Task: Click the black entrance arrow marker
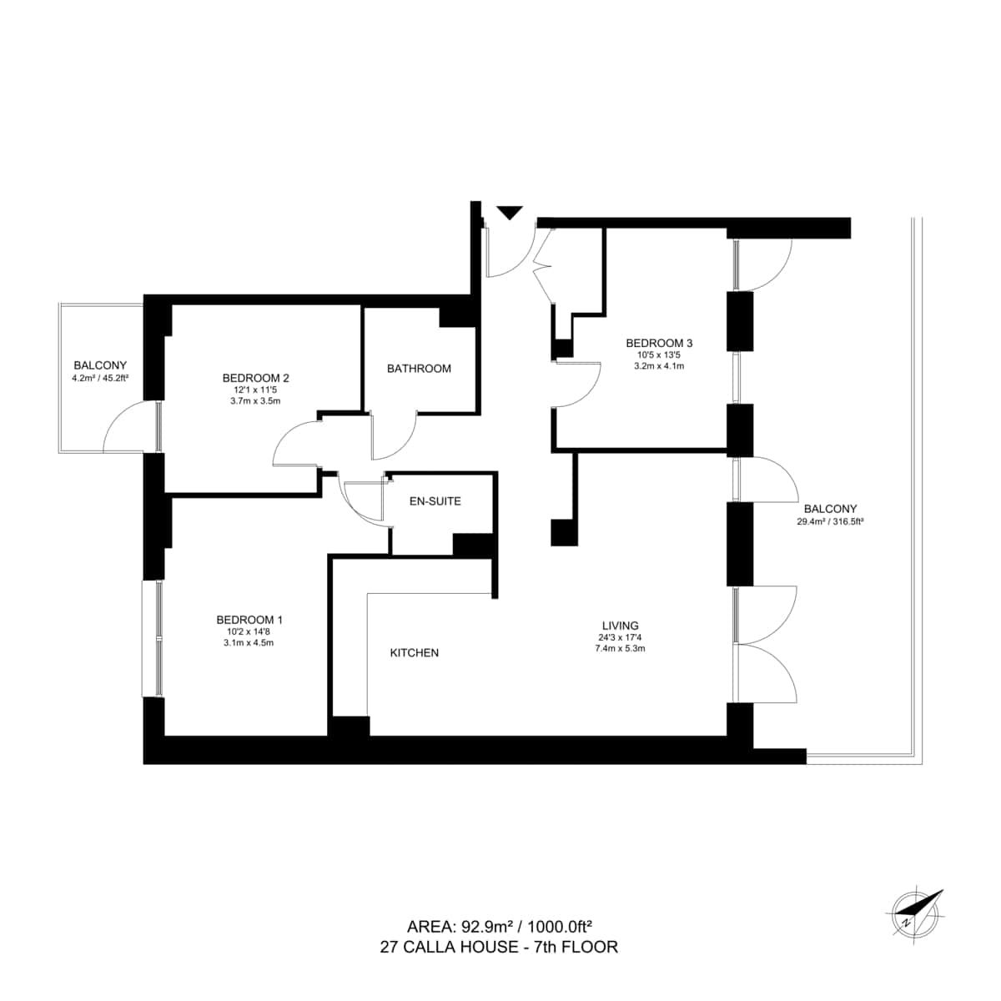[509, 213]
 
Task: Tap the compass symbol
[915, 922]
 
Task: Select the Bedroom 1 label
[249, 620]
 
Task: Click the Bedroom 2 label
[255, 378]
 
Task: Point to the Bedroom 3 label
[659, 343]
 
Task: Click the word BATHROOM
[419, 369]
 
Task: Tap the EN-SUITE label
[435, 501]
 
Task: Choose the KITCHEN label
[414, 653]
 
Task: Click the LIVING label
[621, 626]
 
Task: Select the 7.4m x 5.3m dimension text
[621, 648]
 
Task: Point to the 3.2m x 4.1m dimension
[659, 365]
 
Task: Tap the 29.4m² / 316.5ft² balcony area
[830, 521]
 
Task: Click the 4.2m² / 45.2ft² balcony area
[100, 378]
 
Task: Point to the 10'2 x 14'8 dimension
[249, 631]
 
